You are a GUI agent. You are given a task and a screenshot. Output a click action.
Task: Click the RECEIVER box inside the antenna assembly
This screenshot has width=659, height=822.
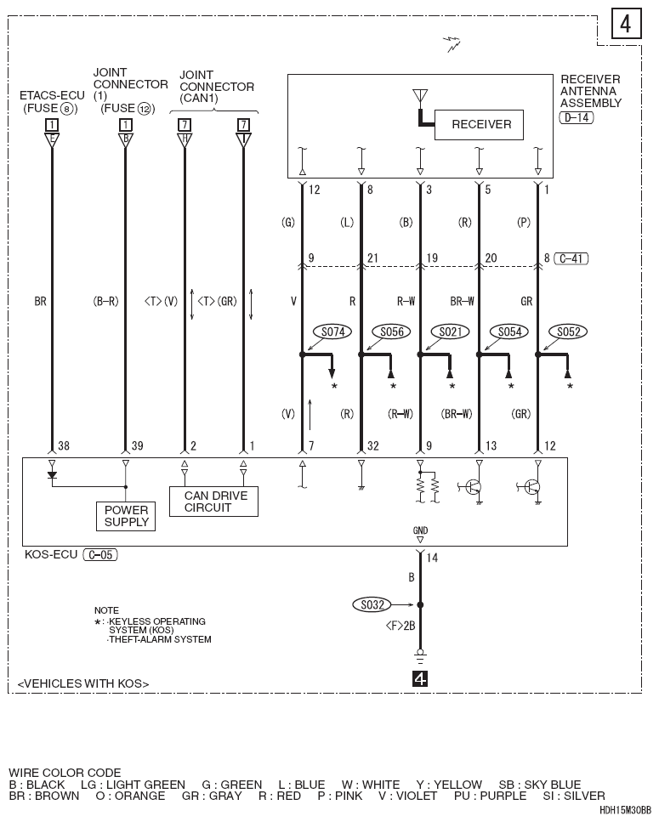(479, 125)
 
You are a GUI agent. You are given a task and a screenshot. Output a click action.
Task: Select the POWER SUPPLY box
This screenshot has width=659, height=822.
(126, 516)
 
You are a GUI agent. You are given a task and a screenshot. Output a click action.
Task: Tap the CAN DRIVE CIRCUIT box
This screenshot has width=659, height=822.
(213, 502)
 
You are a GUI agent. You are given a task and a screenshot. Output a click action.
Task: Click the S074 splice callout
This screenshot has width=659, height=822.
(333, 332)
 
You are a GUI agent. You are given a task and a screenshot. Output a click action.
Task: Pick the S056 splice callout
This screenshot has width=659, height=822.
(392, 332)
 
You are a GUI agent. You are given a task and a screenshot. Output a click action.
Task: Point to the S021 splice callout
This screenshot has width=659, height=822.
(451, 332)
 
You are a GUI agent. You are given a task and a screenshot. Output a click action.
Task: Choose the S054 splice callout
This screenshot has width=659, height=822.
(509, 332)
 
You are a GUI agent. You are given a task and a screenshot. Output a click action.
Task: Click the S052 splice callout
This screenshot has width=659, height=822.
(568, 332)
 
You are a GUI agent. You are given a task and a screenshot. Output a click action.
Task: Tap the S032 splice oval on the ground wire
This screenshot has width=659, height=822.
(372, 605)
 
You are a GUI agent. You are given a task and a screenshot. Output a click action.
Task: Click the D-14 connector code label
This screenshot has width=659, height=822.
(577, 117)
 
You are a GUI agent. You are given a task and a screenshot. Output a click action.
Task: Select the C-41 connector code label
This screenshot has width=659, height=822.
(571, 258)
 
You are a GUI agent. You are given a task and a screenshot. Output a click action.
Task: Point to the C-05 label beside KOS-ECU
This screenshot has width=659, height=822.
(100, 554)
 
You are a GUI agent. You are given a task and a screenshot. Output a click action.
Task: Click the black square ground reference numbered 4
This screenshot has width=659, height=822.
(420, 679)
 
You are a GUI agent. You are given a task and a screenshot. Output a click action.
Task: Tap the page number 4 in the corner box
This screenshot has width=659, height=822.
(626, 24)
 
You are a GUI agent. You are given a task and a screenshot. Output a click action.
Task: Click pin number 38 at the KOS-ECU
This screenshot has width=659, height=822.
(64, 446)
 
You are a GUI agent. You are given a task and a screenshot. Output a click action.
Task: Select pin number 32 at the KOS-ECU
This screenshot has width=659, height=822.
(372, 446)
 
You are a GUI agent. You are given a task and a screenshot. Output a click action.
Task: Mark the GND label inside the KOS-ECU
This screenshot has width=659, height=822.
(420, 530)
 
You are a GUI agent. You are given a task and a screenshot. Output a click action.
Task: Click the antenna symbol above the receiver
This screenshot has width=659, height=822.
(420, 95)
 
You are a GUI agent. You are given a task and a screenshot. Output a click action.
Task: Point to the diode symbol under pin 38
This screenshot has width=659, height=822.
(52, 475)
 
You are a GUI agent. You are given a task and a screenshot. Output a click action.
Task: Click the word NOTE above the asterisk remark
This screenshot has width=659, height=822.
(106, 610)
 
